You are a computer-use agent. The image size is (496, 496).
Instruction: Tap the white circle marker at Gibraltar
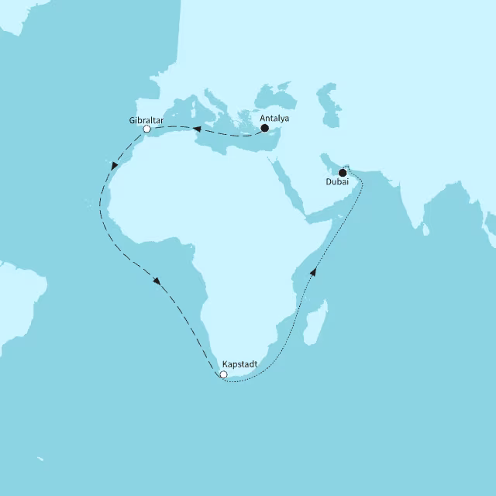click(146, 129)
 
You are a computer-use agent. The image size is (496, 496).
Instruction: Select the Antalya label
click(275, 119)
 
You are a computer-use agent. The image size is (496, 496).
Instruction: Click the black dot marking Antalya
click(264, 129)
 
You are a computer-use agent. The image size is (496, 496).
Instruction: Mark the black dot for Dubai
click(343, 173)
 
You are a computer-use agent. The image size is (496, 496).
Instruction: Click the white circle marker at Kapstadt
click(223, 375)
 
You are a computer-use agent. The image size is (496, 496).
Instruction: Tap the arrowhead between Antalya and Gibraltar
click(198, 129)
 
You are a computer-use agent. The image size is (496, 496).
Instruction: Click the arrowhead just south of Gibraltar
click(115, 166)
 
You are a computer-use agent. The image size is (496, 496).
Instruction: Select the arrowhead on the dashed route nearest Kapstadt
click(157, 281)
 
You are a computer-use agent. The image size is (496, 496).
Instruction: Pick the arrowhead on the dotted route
click(314, 271)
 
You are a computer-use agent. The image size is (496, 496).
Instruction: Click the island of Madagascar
click(314, 325)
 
